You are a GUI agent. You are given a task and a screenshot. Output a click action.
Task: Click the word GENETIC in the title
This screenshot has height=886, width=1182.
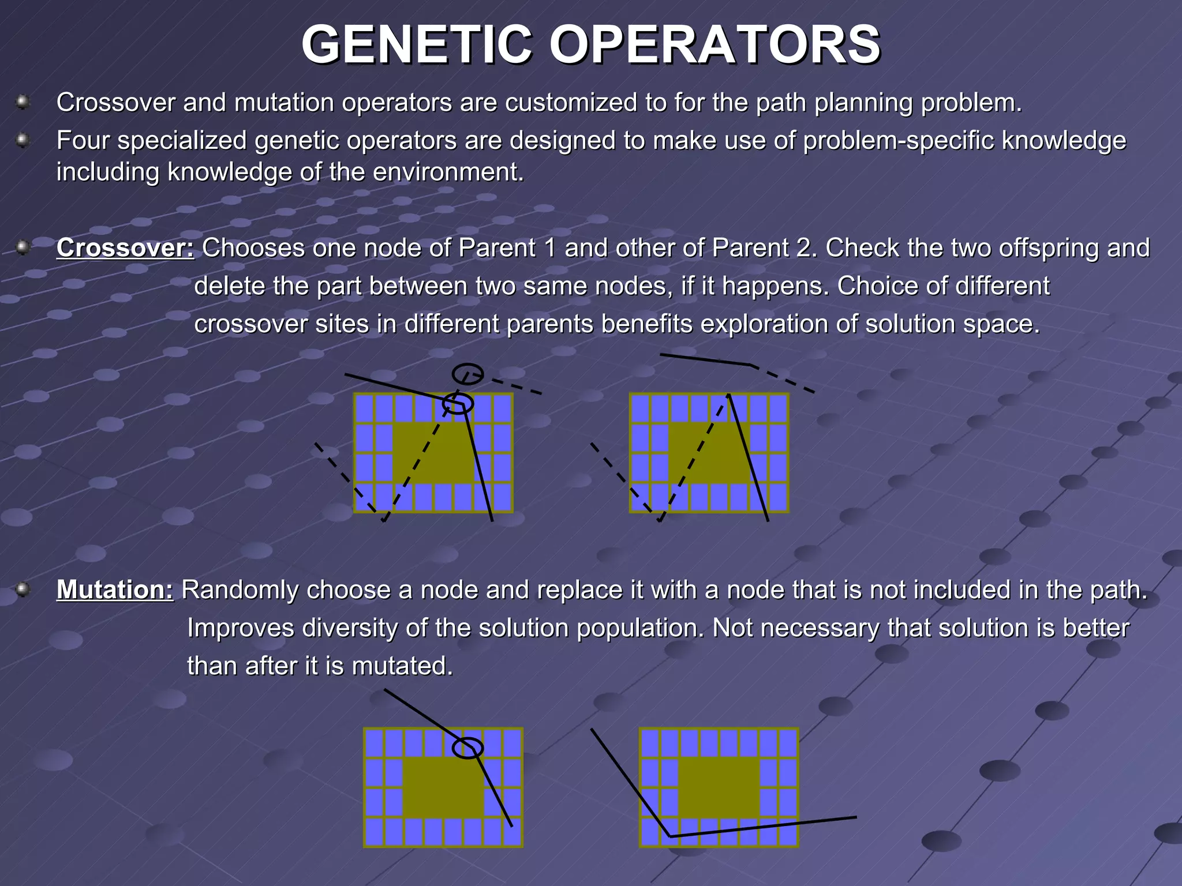coord(416,45)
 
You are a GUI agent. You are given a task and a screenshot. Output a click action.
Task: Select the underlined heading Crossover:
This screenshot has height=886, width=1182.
coord(125,248)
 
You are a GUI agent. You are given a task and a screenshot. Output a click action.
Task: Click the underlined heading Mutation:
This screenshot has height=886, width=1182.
coord(115,590)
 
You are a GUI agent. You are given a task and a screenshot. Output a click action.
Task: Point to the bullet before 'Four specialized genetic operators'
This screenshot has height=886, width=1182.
coord(23,140)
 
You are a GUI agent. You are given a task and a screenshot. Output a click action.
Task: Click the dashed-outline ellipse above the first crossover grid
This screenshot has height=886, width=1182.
coord(467,374)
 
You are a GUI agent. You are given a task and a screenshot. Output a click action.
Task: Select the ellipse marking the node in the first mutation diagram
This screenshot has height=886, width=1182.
coord(467,748)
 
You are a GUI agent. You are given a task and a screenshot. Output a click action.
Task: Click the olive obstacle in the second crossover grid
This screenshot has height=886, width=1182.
coord(709,453)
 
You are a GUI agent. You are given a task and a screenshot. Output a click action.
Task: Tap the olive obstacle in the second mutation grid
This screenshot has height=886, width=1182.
coord(719,787)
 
